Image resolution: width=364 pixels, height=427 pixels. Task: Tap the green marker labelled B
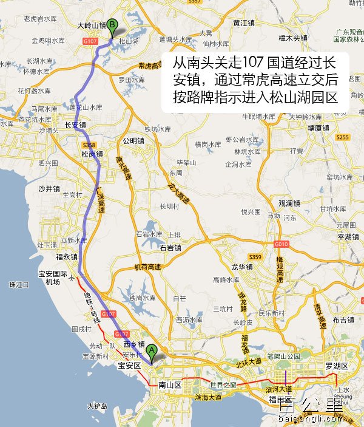[x=112, y=26]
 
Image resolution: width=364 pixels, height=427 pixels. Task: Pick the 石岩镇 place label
[x=171, y=247]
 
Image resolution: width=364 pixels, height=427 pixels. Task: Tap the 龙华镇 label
[x=243, y=266]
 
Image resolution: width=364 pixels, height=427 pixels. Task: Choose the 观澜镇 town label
[x=290, y=203]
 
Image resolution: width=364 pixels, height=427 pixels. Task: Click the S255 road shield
[x=342, y=137]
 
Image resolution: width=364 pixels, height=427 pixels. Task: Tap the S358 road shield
[x=89, y=145]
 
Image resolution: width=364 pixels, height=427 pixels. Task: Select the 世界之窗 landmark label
[x=222, y=385]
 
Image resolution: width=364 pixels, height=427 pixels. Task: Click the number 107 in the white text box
[x=254, y=63]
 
